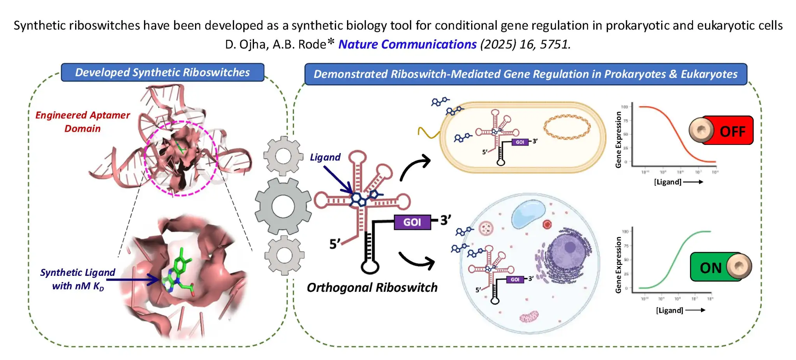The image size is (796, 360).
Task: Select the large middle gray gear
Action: [x=283, y=206]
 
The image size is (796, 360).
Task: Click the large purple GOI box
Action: [x=412, y=222]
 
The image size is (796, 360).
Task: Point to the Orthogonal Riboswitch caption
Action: [x=372, y=288]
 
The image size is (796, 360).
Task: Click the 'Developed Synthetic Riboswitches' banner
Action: [x=162, y=72]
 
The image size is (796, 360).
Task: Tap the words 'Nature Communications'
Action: [x=407, y=44]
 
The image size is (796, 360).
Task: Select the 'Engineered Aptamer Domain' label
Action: [x=83, y=122]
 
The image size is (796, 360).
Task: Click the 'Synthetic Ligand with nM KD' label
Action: [x=77, y=279]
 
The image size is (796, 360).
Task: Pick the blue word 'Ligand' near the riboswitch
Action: [x=325, y=157]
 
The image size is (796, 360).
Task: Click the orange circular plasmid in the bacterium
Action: [x=567, y=127]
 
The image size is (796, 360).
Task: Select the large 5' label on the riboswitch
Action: [x=335, y=244]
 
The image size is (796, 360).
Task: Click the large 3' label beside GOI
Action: [x=446, y=220]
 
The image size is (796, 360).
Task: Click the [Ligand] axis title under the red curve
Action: [x=667, y=182]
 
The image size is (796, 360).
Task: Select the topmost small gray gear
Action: [x=283, y=156]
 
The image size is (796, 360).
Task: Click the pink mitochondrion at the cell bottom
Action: [x=528, y=317]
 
